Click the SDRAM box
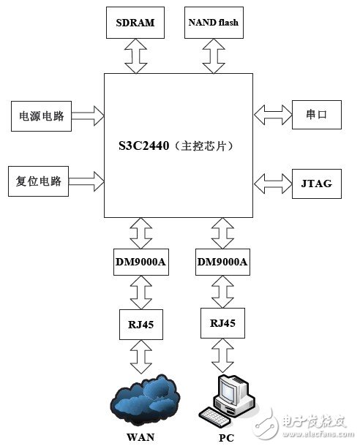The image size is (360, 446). click(x=135, y=23)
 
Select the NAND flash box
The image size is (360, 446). click(x=213, y=23)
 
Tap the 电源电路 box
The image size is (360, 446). click(x=40, y=115)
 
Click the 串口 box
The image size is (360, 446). click(x=315, y=115)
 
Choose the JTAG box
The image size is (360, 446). click(x=315, y=183)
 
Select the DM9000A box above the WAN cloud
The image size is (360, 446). click(x=140, y=261)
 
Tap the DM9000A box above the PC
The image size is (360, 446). click(x=222, y=261)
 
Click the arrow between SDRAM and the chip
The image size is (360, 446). click(x=135, y=56)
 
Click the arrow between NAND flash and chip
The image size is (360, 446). click(x=213, y=56)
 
